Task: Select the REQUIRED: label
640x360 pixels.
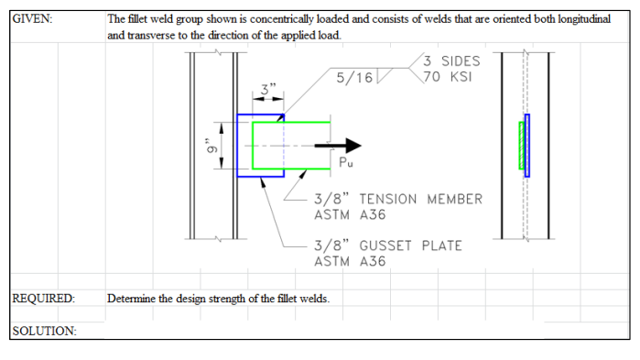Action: click(43, 298)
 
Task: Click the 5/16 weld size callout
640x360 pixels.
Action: click(353, 78)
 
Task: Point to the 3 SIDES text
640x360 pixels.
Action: click(451, 60)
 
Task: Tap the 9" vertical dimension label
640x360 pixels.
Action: click(210, 146)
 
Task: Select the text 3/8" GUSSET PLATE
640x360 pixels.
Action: click(387, 245)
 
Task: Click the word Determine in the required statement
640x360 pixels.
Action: click(132, 298)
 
